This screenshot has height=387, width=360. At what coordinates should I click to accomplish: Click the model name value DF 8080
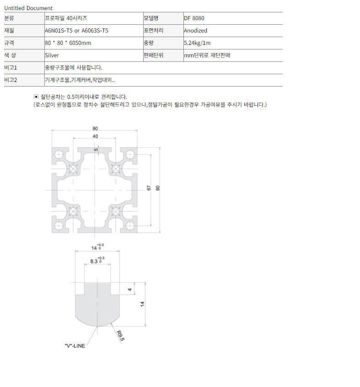[x=194, y=18]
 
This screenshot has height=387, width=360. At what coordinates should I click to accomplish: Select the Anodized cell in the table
[x=195, y=31]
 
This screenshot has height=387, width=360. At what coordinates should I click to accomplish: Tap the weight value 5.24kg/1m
[x=197, y=43]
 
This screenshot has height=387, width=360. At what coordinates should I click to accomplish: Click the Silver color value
[x=52, y=55]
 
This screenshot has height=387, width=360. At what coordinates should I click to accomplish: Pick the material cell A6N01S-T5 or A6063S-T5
[x=76, y=31]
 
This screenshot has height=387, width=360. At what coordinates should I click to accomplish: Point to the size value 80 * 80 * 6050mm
[x=68, y=43]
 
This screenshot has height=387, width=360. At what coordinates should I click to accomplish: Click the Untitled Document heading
[x=28, y=8]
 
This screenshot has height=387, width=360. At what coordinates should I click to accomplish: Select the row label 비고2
[x=11, y=80]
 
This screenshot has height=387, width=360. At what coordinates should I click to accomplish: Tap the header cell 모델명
[x=151, y=18]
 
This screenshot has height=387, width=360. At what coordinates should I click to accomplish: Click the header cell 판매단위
[x=154, y=55]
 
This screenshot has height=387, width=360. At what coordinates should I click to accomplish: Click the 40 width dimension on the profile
[x=95, y=136]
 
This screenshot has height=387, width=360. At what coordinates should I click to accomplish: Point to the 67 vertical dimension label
[x=149, y=188]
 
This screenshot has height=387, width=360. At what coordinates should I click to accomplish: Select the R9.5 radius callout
[x=120, y=336]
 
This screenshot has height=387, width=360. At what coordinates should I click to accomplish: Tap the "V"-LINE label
[x=75, y=346]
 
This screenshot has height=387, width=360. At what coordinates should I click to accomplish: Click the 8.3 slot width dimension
[x=94, y=261]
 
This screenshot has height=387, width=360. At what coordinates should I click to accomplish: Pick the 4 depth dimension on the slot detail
[x=130, y=289]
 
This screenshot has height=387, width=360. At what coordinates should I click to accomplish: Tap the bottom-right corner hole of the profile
[x=130, y=226]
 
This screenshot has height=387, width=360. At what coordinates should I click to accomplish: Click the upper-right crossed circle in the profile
[x=116, y=169]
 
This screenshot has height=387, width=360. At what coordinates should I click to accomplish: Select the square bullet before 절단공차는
[x=36, y=97]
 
